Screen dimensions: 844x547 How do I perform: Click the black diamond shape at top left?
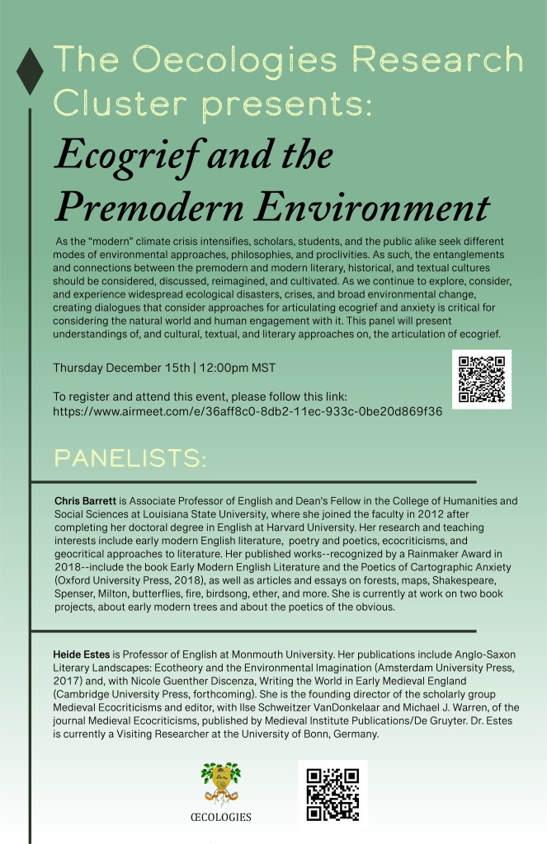(x=30, y=71)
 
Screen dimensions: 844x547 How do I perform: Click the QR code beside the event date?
(x=482, y=379)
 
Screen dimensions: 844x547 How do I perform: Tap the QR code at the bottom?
(x=332, y=793)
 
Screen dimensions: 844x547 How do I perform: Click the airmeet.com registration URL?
(x=248, y=410)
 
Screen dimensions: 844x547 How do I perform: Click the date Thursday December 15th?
(x=120, y=367)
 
